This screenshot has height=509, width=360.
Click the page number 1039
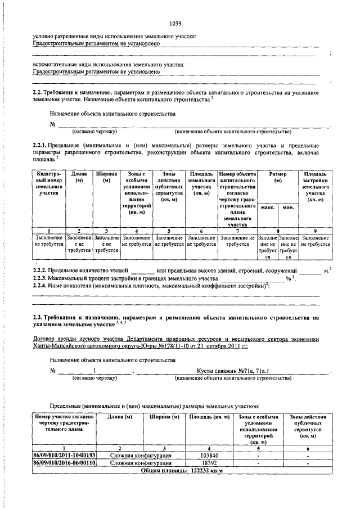point(175,23)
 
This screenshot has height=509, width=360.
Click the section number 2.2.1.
point(42,145)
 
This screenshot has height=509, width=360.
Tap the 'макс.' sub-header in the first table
point(268,208)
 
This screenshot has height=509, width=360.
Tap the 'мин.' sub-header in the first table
point(288,208)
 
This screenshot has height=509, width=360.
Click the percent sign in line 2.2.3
point(287,279)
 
